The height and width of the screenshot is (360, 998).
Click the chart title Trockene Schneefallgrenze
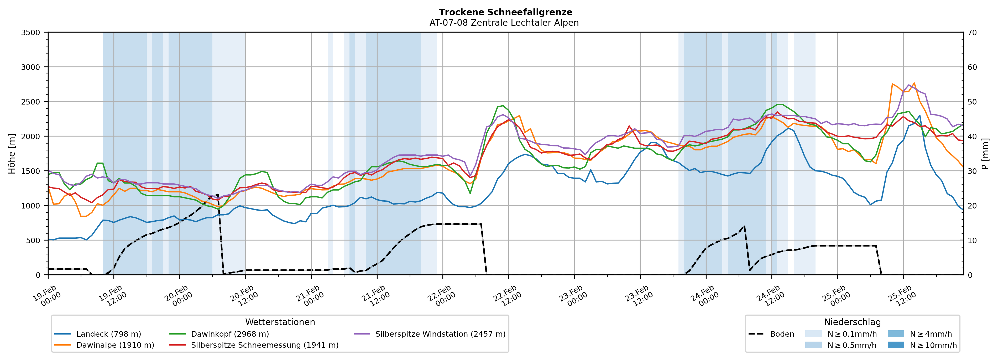(x=505, y=12)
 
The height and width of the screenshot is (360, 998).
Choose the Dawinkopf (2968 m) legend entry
(x=230, y=334)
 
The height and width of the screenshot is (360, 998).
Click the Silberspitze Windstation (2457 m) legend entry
(x=440, y=334)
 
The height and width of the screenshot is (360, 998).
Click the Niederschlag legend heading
(x=852, y=322)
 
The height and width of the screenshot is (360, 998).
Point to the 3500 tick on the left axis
(x=31, y=33)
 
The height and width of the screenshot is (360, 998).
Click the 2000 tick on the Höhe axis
(x=31, y=136)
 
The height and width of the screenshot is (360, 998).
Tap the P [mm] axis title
(x=986, y=154)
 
